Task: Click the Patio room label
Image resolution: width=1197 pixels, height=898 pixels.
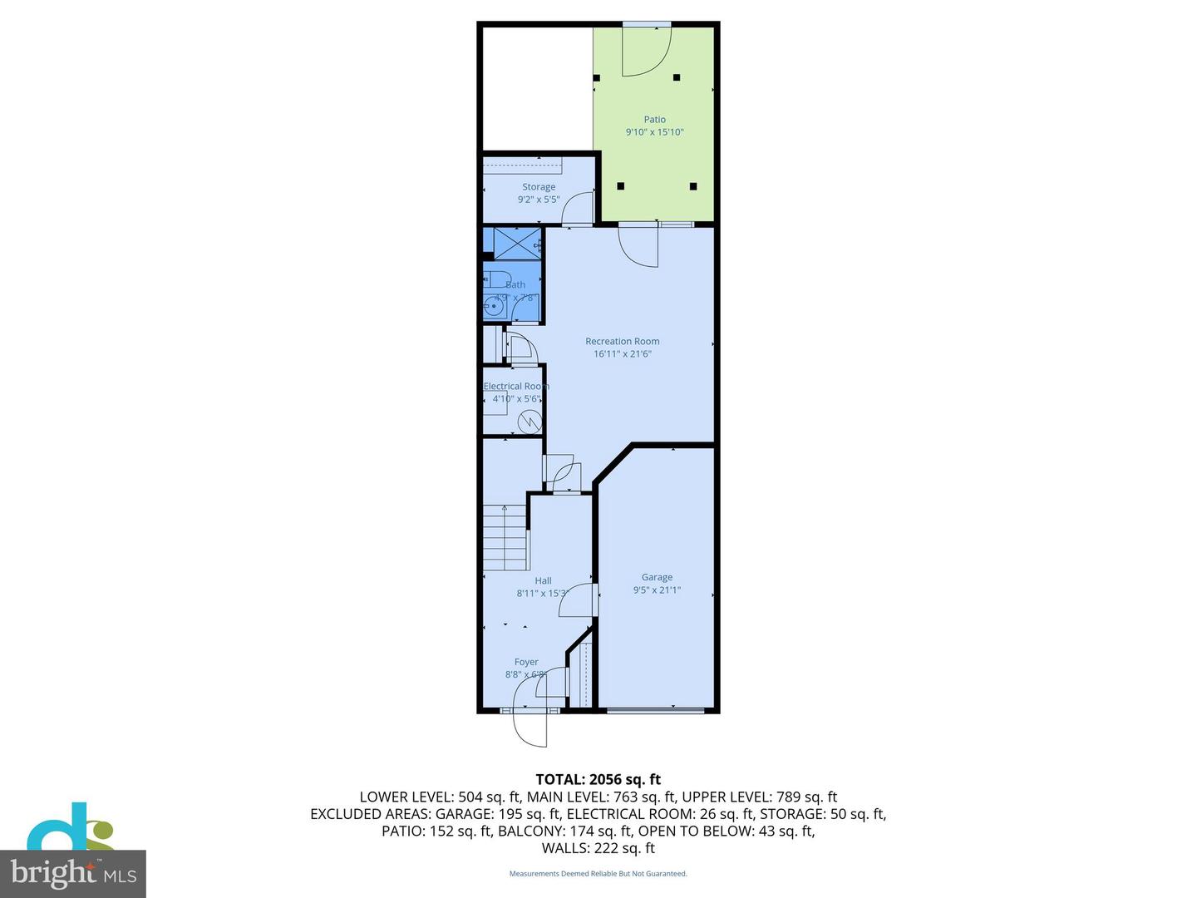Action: [x=654, y=120]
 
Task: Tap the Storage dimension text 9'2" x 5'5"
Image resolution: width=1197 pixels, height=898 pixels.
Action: [x=539, y=200]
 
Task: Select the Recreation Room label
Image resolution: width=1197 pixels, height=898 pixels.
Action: [x=622, y=341]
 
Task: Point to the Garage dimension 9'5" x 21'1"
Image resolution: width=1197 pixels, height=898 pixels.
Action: [x=657, y=590]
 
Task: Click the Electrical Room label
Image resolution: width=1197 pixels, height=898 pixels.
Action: [x=516, y=386]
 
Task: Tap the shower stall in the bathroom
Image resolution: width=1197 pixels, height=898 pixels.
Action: [x=516, y=243]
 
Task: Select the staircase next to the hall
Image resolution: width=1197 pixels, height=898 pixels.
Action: [x=505, y=536]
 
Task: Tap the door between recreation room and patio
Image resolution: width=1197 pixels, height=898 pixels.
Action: [x=638, y=246]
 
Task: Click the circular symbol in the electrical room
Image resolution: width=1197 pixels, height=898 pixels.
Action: [x=529, y=422]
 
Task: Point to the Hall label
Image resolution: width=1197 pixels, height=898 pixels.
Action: [x=543, y=581]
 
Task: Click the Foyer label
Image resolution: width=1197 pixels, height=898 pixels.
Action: [x=526, y=663]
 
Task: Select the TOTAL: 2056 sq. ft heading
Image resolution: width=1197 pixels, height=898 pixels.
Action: [x=598, y=779]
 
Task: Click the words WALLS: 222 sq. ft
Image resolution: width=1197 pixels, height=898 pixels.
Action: [x=598, y=848]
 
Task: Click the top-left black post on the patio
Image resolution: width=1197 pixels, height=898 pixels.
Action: [x=596, y=78]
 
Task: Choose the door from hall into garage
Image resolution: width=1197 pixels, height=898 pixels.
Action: [x=578, y=600]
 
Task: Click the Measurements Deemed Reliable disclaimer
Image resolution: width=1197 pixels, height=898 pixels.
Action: [x=598, y=874]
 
